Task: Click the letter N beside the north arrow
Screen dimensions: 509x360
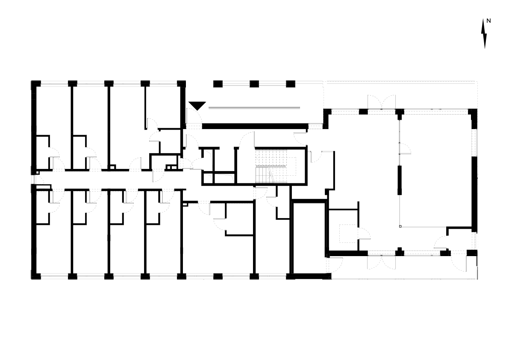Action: coord(488,21)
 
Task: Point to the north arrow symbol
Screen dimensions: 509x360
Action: coord(485,34)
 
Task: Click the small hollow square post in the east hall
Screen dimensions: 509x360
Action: coord(400,226)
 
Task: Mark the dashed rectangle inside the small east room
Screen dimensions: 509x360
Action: coord(348,233)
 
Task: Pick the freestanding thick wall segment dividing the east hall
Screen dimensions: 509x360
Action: coord(400,180)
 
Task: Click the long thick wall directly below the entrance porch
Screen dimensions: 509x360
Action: coord(255,126)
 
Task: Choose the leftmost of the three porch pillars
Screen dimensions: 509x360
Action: coord(218,84)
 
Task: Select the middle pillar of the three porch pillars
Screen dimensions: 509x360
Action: coord(254,84)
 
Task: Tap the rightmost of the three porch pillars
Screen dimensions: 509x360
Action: coord(291,84)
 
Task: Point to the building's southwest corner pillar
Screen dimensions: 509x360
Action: coord(36,276)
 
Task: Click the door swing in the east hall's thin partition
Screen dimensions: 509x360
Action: coord(406,148)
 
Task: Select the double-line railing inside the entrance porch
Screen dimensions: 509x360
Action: coord(254,108)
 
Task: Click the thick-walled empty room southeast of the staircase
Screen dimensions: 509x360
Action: coord(309,239)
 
